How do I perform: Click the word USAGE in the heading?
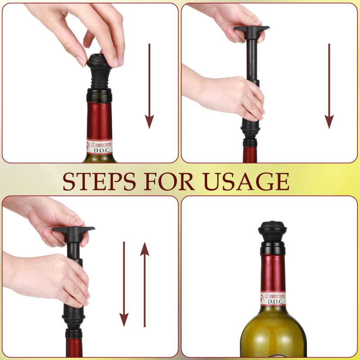pyautogui.click(x=246, y=181)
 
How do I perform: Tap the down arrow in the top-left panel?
pyautogui.click(x=149, y=85)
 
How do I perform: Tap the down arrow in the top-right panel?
pyautogui.click(x=329, y=85)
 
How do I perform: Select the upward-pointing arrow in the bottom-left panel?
pyautogui.click(x=144, y=283)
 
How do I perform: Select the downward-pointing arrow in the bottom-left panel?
pyautogui.click(x=124, y=283)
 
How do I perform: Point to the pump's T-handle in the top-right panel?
pyautogui.click(x=251, y=30)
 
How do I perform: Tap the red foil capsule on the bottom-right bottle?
pyautogui.click(x=273, y=273)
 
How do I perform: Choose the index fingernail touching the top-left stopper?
pyautogui.click(x=81, y=61)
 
